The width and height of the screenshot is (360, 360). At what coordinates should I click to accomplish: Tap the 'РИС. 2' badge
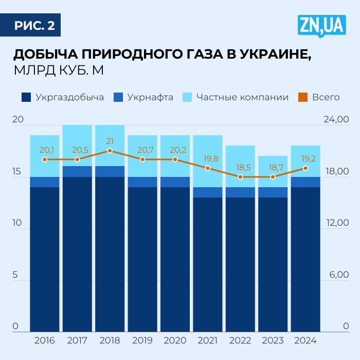point(34,26)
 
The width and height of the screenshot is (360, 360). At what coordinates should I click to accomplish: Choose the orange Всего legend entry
point(319,97)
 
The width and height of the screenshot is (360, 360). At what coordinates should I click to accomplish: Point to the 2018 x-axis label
point(110,340)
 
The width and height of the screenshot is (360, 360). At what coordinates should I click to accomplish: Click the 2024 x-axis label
point(305,340)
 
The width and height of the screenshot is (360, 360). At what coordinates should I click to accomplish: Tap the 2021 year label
point(208,340)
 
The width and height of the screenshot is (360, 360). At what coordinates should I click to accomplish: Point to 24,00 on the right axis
point(336,120)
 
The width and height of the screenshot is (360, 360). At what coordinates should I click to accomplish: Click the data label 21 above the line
point(110,141)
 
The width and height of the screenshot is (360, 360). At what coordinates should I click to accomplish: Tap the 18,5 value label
point(240,168)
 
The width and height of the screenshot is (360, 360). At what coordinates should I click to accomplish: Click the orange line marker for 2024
point(305,168)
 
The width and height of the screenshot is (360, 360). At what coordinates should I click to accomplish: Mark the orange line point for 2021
point(208,168)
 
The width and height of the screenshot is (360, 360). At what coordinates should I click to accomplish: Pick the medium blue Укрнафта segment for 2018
point(110,171)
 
